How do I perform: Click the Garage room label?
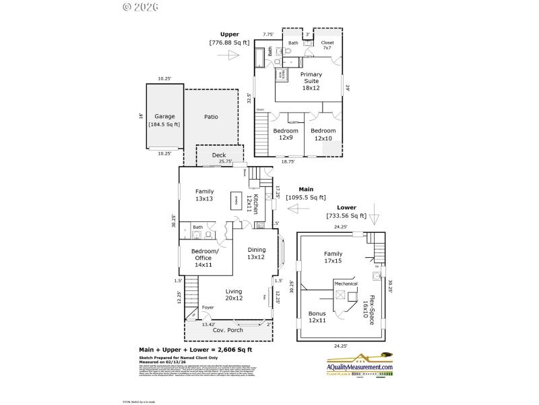(x=164, y=119)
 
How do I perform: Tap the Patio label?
(x=211, y=117)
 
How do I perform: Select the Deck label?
(x=219, y=155)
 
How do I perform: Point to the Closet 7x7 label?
(x=327, y=45)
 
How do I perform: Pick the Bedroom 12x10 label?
(x=323, y=134)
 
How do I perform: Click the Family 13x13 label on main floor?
(x=204, y=195)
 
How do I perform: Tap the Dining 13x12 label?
(x=257, y=253)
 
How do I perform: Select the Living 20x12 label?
(x=234, y=295)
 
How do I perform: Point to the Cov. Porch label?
(x=228, y=330)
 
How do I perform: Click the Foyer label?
(x=208, y=307)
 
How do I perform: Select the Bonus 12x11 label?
(x=317, y=317)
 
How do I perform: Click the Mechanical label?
(x=346, y=284)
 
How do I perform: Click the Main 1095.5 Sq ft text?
(x=305, y=194)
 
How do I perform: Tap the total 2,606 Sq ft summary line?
(x=195, y=350)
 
